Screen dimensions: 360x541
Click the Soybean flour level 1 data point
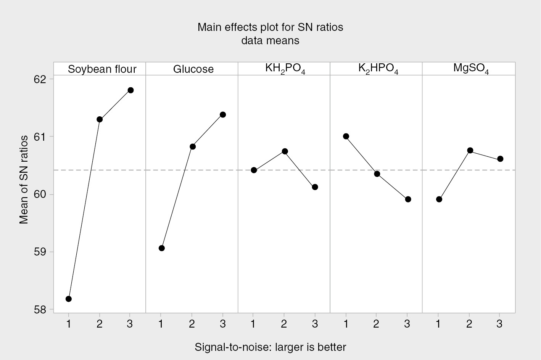tap(69, 299)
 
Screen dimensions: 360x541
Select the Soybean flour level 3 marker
tap(130, 90)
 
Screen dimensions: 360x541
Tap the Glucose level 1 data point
tap(161, 248)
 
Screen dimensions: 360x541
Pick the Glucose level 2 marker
tap(193, 146)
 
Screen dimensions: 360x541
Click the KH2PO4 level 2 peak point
tap(285, 151)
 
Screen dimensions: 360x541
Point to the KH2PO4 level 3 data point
tap(315, 187)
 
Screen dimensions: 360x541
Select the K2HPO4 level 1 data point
tap(346, 136)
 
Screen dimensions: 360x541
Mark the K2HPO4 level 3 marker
tap(408, 199)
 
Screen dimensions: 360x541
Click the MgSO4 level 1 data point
tap(439, 199)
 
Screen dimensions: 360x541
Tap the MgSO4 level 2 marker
tap(470, 150)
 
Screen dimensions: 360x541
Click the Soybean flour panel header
tap(102, 69)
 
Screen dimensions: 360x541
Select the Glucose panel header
tap(193, 69)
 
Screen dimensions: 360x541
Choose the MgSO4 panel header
tap(471, 69)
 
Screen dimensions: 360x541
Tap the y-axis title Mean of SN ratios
tap(24, 179)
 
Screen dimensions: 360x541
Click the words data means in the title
tap(270, 40)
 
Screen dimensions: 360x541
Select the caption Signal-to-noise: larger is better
tap(270, 347)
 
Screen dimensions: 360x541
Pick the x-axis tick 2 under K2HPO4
tap(376, 324)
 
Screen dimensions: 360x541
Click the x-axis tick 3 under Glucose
tap(223, 324)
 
